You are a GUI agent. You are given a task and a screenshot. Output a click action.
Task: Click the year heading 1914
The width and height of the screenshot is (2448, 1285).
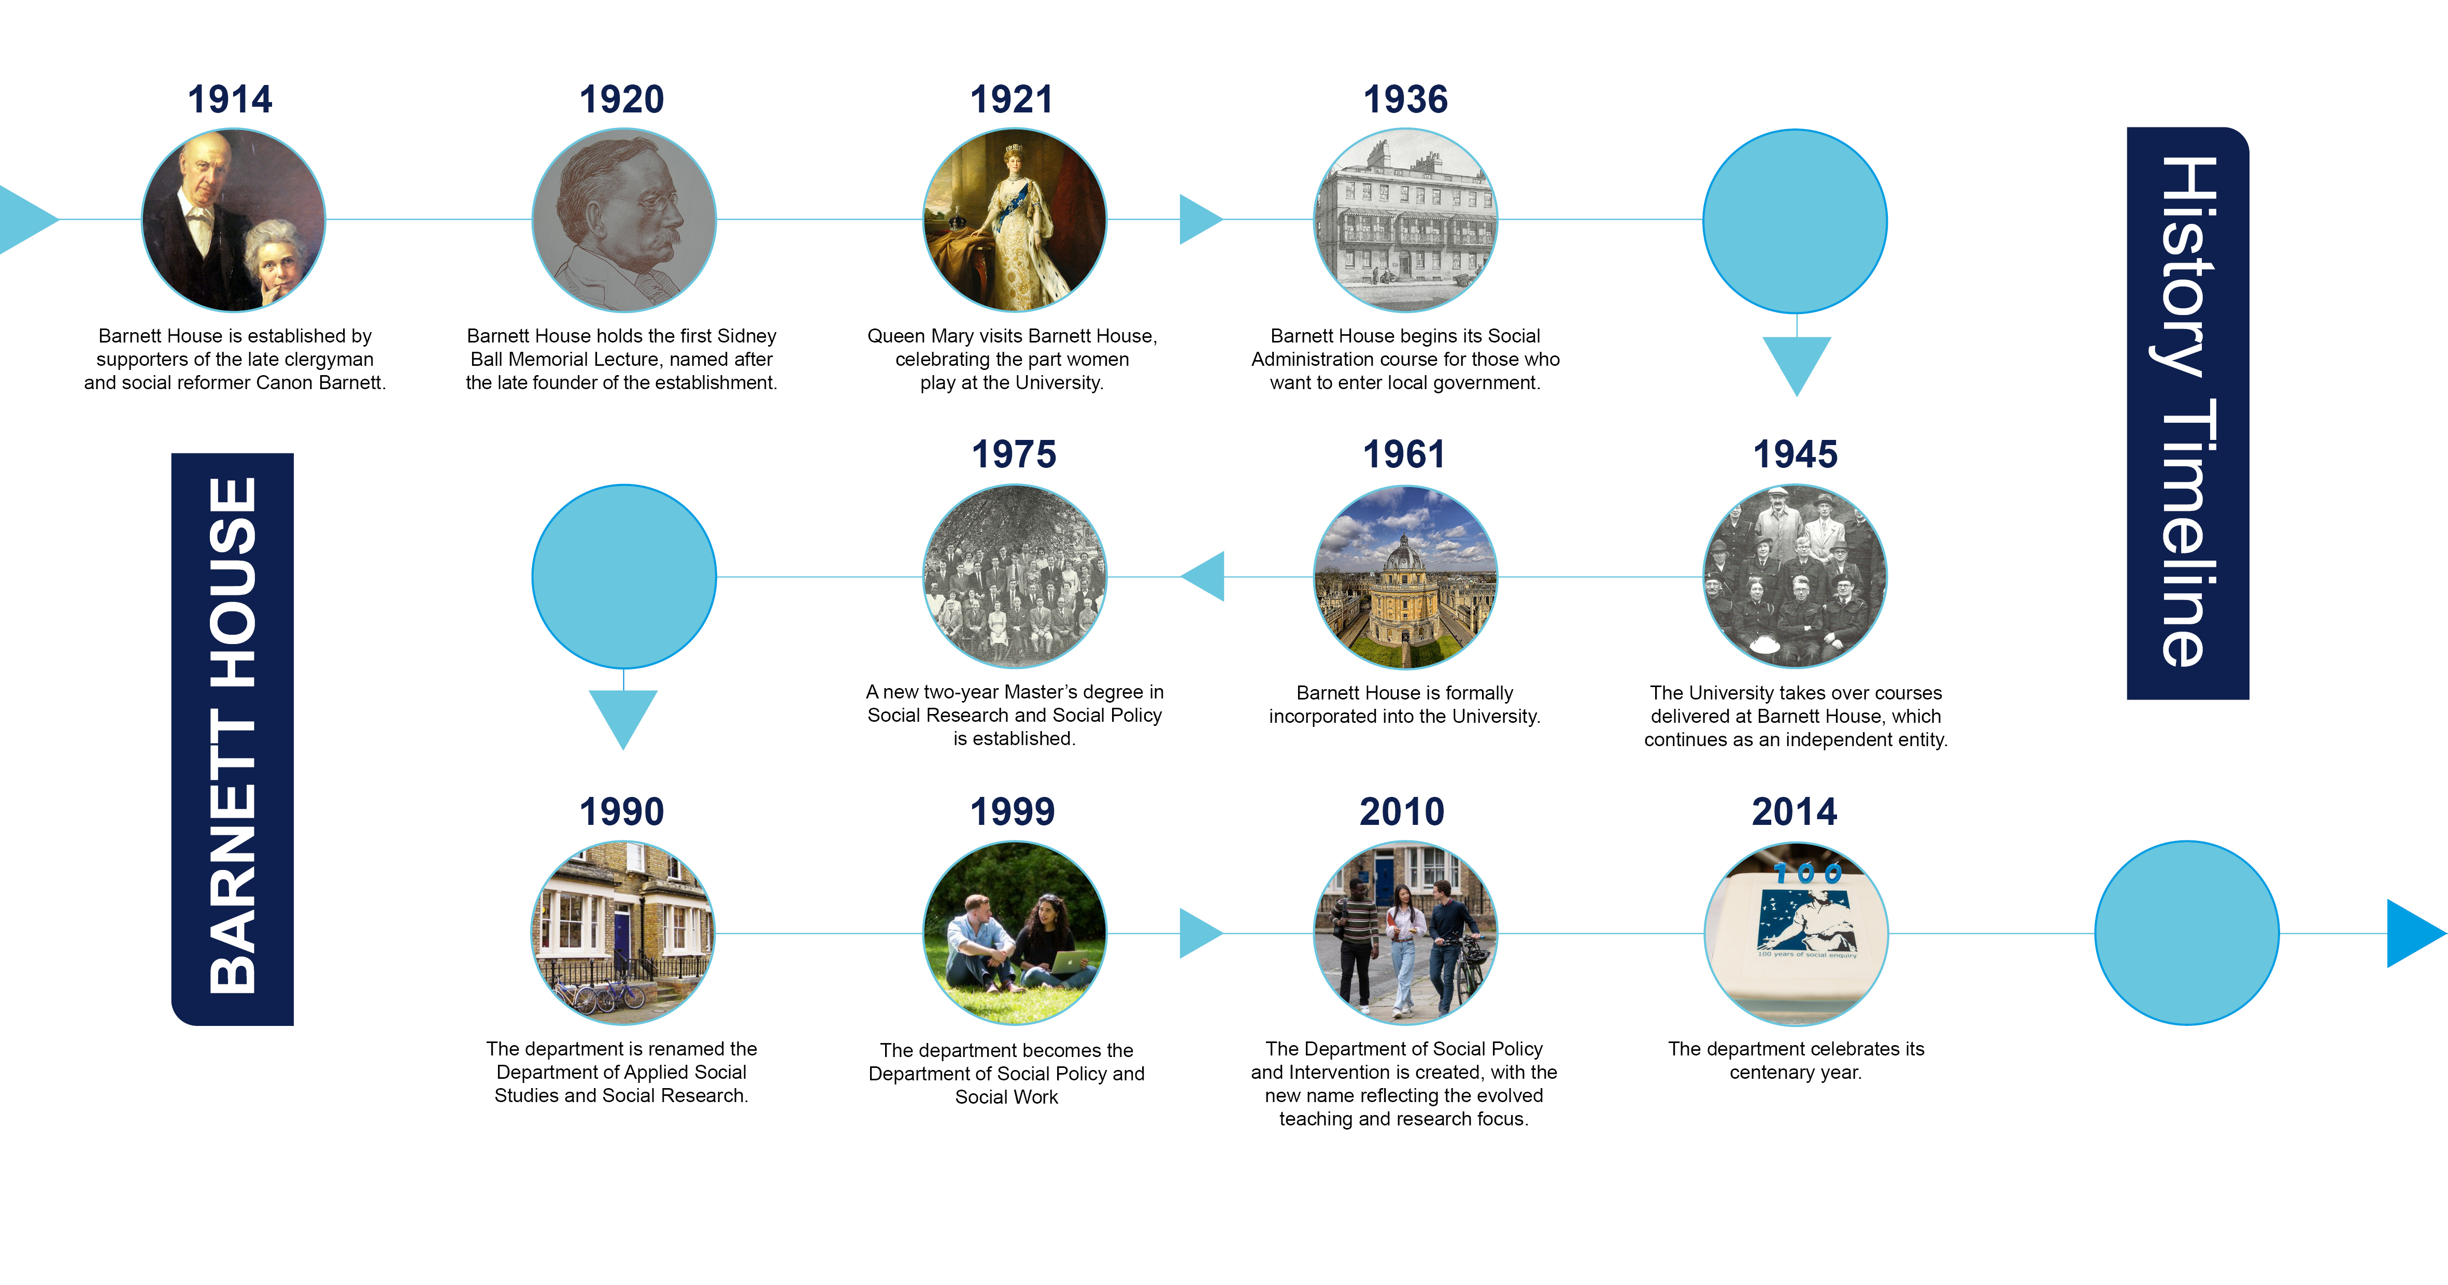(x=230, y=99)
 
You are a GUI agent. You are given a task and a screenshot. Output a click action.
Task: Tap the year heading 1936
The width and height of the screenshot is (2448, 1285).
(x=1405, y=99)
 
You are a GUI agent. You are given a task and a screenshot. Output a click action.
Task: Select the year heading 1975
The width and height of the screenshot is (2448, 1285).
(x=1014, y=454)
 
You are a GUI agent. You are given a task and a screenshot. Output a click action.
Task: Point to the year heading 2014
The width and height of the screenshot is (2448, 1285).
(x=1794, y=812)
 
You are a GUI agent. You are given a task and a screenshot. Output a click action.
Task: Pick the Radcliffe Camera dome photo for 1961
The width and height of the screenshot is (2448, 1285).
(x=1405, y=577)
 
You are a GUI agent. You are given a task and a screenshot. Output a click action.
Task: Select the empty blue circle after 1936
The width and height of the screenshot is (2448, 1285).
(x=1795, y=221)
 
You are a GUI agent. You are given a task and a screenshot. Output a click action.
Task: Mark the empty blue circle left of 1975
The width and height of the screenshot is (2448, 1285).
(x=623, y=577)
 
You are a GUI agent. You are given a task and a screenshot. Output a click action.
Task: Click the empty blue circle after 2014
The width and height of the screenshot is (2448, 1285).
(x=2187, y=933)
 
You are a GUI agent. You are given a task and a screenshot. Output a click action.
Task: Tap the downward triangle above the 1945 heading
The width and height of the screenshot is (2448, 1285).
(x=1796, y=365)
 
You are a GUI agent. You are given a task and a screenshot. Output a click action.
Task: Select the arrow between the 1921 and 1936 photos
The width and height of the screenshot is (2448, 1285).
(x=1201, y=220)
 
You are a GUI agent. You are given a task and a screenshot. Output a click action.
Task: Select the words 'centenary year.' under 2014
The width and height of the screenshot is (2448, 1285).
(x=1795, y=1072)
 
